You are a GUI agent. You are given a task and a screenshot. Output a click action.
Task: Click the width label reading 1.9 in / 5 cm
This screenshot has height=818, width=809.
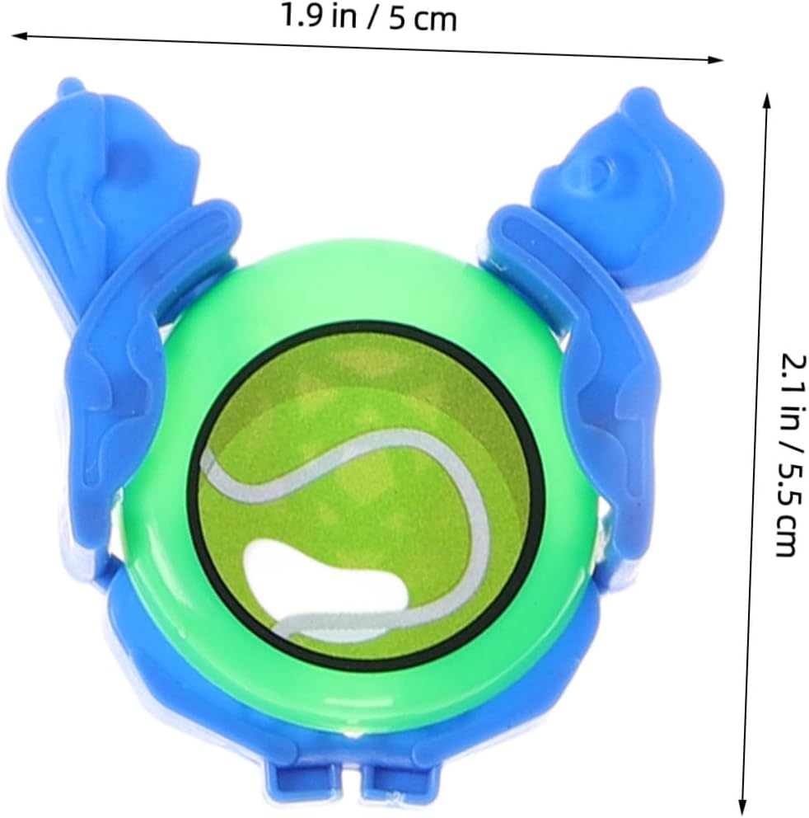point(368,18)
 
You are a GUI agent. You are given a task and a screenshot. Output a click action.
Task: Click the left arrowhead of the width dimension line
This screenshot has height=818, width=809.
point(19,35)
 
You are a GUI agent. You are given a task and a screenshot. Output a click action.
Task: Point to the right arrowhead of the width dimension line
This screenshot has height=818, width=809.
point(715,60)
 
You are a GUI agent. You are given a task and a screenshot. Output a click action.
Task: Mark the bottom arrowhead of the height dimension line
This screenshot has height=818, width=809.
point(743,806)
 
